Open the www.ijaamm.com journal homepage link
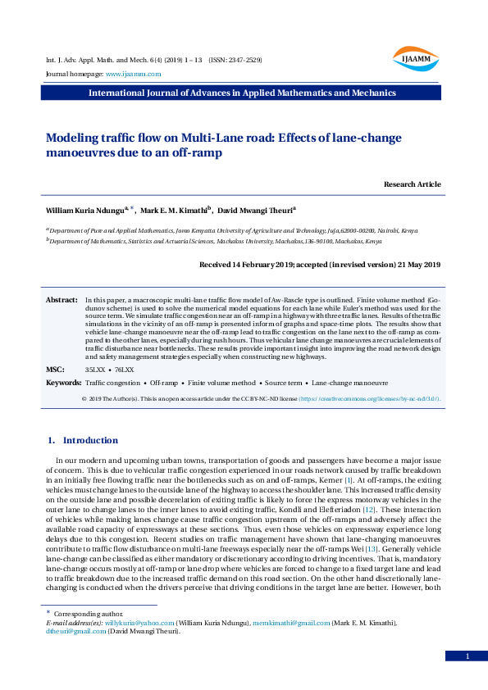(133, 74)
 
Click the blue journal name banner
(244, 93)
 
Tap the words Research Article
(412, 184)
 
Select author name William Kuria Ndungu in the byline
(84, 211)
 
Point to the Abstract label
(62, 302)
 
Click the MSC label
(54, 370)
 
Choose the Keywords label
(63, 383)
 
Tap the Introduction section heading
(90, 441)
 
